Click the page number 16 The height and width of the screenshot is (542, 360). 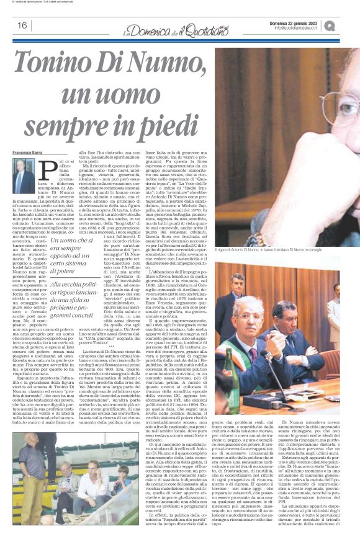(22, 25)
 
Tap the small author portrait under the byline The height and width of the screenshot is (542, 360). (24, 175)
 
